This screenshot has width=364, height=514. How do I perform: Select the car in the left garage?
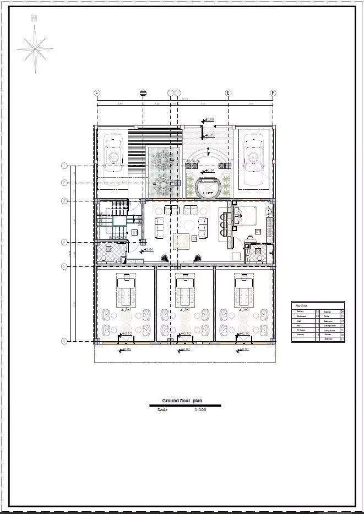[113, 157]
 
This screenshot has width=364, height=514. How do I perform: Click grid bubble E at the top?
[228, 93]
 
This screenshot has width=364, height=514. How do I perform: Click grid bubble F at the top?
[272, 93]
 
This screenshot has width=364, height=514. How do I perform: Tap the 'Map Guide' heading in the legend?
[301, 305]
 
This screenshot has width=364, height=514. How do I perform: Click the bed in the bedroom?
[246, 215]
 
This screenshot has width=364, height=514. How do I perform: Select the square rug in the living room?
[181, 241]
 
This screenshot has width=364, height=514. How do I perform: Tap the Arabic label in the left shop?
[126, 310]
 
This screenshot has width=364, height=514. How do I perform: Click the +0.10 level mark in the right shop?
[244, 333]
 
